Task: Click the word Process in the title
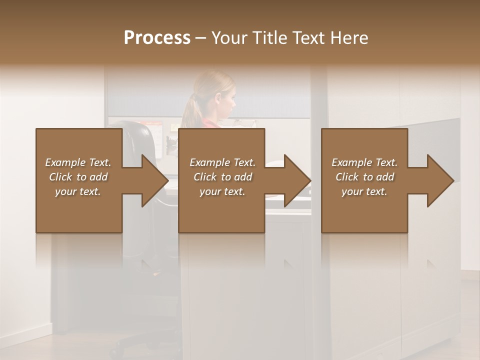(157, 38)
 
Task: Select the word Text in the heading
(307, 38)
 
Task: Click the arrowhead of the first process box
(154, 180)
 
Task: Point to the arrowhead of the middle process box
(297, 180)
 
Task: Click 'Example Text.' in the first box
(78, 162)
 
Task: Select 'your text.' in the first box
(78, 191)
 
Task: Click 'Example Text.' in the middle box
(222, 162)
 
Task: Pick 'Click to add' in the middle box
(222, 177)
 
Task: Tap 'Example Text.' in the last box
(364, 162)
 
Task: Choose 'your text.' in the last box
(364, 191)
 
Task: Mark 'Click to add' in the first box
(78, 177)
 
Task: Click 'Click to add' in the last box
(364, 177)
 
